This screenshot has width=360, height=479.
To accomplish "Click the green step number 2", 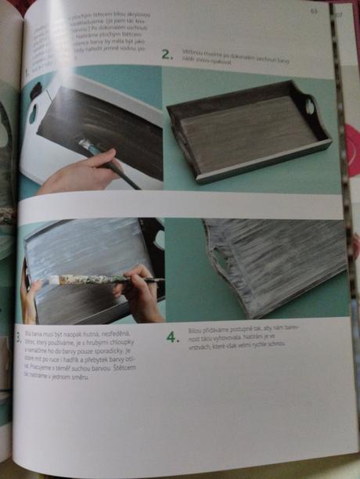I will point(166,54).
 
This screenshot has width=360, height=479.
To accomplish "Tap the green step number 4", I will point(172,338).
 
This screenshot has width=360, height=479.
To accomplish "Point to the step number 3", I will point(19,338).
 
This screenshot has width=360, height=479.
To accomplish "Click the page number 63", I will point(314,11).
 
